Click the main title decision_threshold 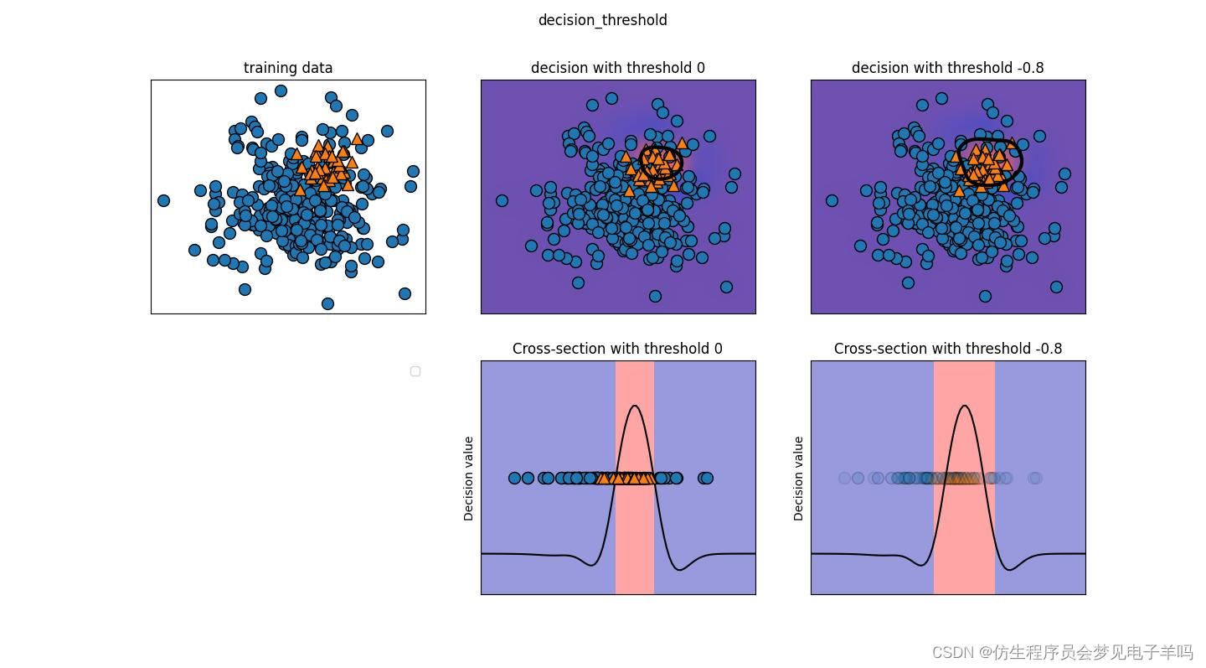[x=602, y=20]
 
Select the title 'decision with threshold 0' [x=617, y=68]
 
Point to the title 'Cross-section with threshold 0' [x=617, y=349]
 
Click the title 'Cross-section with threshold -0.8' [x=947, y=349]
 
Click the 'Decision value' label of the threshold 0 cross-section [x=468, y=479]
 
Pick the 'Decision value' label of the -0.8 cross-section [x=798, y=479]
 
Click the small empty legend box [x=415, y=371]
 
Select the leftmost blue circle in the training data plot [x=163, y=200]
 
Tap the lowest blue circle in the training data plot [x=327, y=304]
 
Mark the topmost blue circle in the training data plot [x=281, y=91]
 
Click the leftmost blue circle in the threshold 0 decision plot [x=502, y=200]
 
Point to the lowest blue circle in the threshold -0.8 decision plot [x=985, y=296]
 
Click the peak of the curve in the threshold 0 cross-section [x=635, y=406]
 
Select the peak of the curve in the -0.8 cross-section [x=964, y=406]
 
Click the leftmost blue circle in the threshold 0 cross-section [x=514, y=478]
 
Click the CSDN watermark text [x=1062, y=652]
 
